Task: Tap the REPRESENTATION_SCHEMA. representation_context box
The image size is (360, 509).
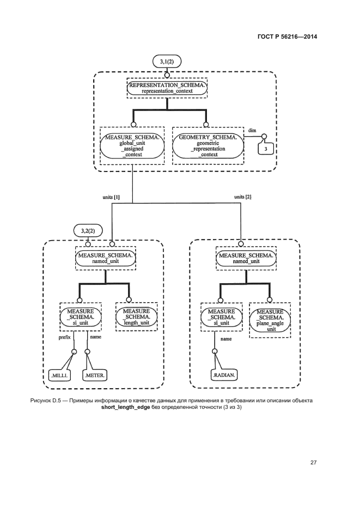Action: coord(168,88)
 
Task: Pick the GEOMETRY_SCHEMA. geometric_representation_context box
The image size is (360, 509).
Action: coord(208,145)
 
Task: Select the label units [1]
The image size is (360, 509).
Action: coord(111,195)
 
